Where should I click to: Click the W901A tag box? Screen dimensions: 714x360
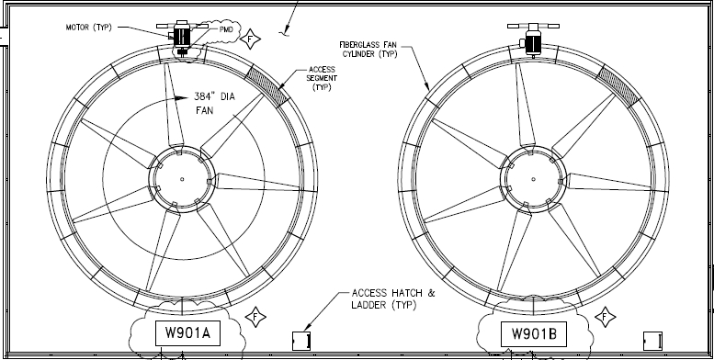[x=188, y=333]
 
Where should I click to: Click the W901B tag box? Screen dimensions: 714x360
[x=534, y=334]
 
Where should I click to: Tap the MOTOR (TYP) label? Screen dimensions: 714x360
[x=89, y=28]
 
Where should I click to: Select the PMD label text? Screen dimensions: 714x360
[x=226, y=29]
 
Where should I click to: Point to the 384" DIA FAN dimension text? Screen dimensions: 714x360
[x=214, y=103]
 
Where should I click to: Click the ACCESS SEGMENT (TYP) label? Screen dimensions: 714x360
[x=322, y=78]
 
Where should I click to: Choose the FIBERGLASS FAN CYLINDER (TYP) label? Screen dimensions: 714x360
[x=368, y=50]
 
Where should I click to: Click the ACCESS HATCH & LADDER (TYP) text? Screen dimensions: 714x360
[x=393, y=298]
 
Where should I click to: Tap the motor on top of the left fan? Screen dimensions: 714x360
[x=182, y=36]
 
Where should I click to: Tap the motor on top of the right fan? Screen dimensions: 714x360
[x=533, y=39]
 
